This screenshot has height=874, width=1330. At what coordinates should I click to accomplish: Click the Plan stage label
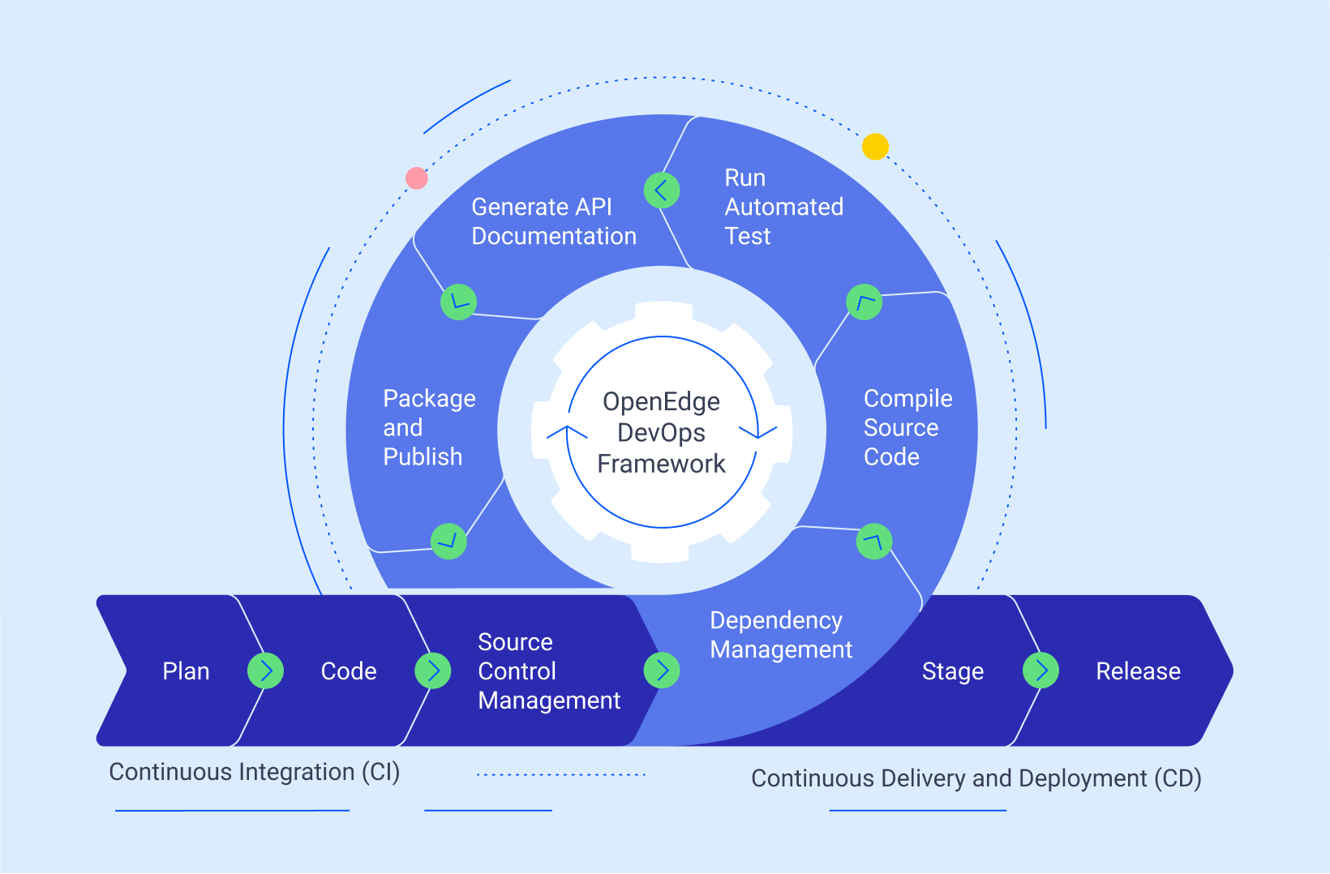pyautogui.click(x=186, y=671)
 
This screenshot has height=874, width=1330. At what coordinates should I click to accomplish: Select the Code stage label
pyautogui.click(x=349, y=671)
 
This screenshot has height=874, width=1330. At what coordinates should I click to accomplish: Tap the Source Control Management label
pyautogui.click(x=549, y=671)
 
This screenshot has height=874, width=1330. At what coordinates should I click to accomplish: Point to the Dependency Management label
pyautogui.click(x=781, y=635)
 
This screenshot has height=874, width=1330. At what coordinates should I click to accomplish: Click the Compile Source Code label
pyautogui.click(x=907, y=427)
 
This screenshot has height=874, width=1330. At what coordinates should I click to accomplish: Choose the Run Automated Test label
pyautogui.click(x=783, y=207)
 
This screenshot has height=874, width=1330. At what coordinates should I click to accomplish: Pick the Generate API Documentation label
pyautogui.click(x=554, y=221)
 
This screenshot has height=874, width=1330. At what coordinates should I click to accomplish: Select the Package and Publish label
pyautogui.click(x=429, y=427)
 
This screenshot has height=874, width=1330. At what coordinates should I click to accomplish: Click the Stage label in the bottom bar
pyautogui.click(x=953, y=671)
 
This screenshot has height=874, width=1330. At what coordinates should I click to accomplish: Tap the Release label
pyautogui.click(x=1138, y=671)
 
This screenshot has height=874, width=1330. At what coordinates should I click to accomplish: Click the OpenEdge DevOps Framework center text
pyautogui.click(x=662, y=432)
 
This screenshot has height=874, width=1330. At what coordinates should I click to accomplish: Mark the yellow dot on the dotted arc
pyautogui.click(x=875, y=147)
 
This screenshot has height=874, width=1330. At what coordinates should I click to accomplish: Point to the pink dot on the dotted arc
pyautogui.click(x=417, y=178)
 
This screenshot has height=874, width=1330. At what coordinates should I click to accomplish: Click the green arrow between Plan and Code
pyautogui.click(x=265, y=670)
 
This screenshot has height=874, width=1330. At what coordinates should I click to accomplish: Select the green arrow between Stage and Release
pyautogui.click(x=1041, y=670)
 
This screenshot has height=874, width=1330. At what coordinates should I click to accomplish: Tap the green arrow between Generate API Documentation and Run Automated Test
pyautogui.click(x=662, y=191)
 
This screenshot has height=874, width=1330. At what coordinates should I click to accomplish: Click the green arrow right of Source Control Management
pyautogui.click(x=662, y=670)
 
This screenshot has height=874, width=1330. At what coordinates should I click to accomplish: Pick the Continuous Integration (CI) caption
pyautogui.click(x=255, y=772)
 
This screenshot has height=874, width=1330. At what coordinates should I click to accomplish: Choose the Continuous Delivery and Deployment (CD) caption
pyautogui.click(x=976, y=778)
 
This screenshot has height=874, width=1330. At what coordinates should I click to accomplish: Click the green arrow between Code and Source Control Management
pyautogui.click(x=433, y=670)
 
